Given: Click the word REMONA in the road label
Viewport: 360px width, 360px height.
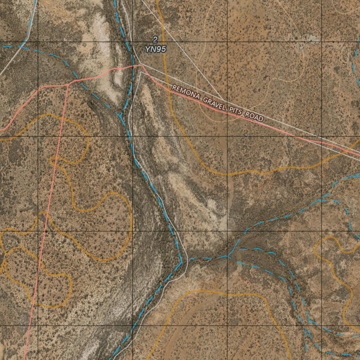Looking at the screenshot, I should [185, 94].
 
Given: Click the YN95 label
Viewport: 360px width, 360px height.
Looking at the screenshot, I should [155, 49].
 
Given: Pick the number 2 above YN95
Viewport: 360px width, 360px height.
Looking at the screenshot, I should [155, 39].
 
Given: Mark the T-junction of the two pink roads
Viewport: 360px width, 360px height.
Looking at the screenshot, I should [68, 85].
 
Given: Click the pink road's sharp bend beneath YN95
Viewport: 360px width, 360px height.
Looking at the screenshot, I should [141, 65].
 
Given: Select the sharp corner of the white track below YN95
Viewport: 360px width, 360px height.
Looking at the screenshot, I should [141, 72].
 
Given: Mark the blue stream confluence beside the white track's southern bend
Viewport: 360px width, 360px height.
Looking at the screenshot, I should [181, 262].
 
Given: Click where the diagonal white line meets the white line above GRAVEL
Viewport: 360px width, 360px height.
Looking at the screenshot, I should [221, 99].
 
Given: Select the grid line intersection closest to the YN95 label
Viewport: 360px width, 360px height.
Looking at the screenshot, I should [133, 42].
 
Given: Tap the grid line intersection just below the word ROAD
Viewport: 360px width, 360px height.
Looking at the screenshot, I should [227, 136].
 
